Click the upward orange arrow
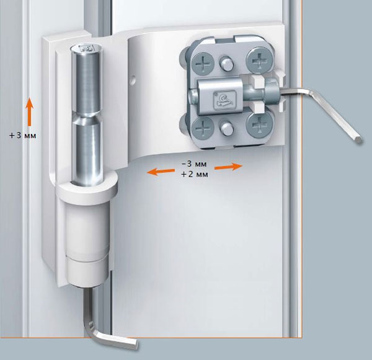tap(29, 112)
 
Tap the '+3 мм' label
tap(23, 136)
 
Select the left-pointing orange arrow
tap(161, 171)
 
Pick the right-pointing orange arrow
tap(228, 167)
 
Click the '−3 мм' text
tap(194, 164)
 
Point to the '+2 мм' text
tap(195, 174)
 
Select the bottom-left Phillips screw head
tap(203, 128)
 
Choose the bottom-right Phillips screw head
tap(259, 125)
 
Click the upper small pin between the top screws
tap(226, 63)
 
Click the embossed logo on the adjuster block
tap(224, 100)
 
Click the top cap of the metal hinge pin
tap(87, 48)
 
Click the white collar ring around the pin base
tap(87, 188)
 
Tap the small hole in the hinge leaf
tap(133, 78)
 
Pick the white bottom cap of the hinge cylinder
tap(88, 272)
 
